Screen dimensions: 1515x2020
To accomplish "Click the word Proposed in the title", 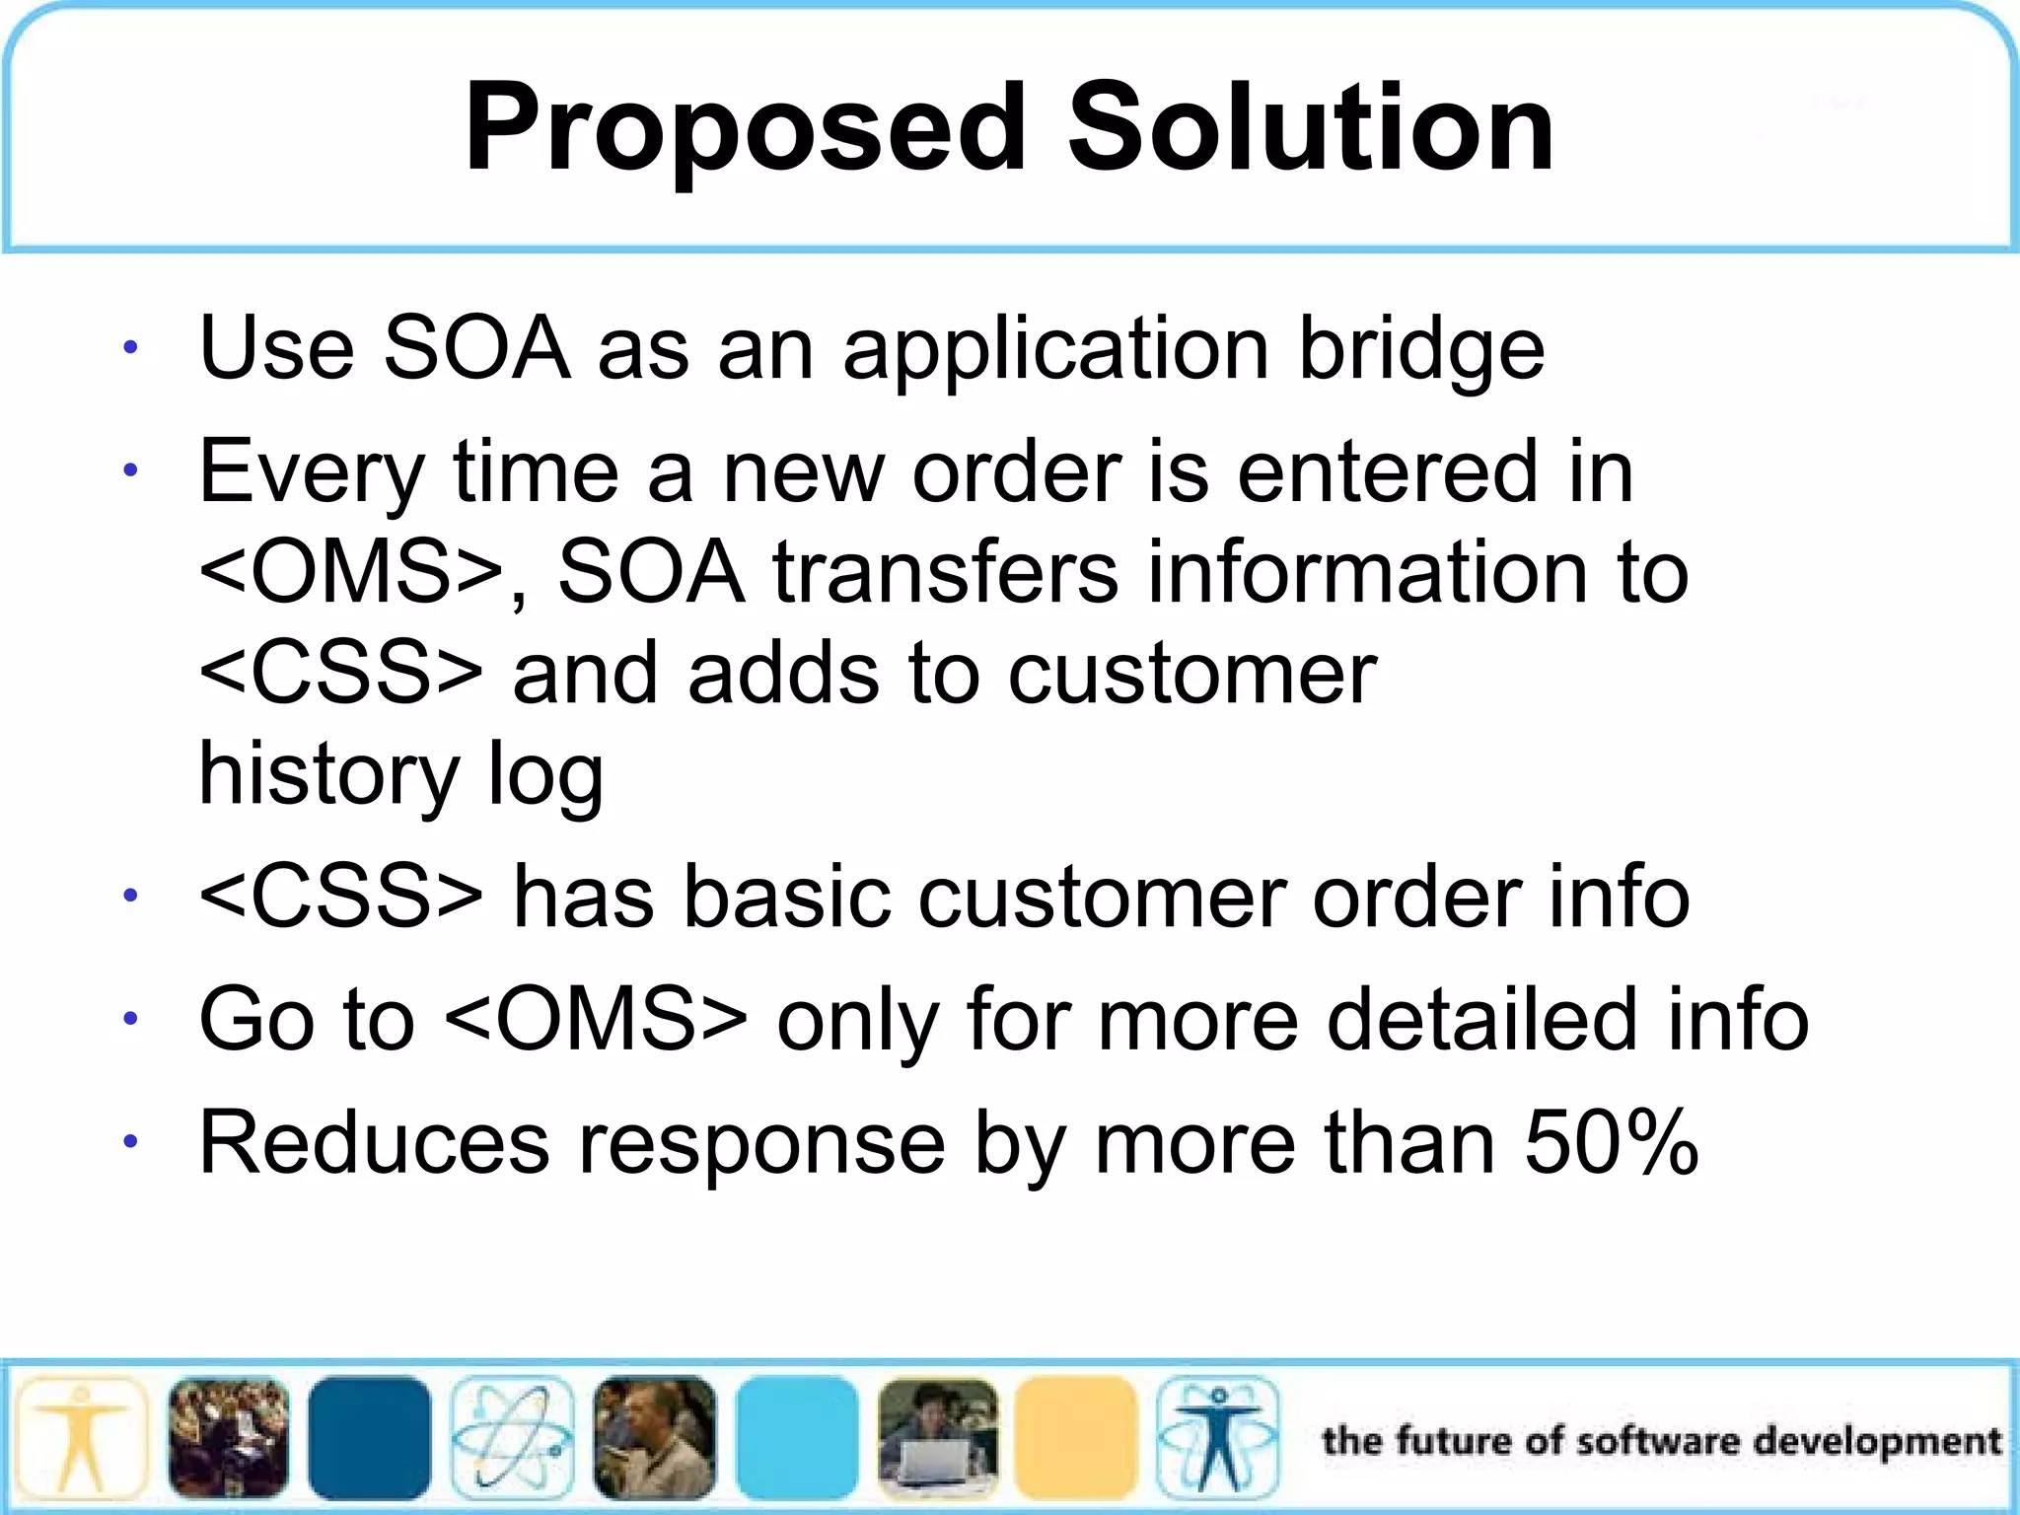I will [746, 128].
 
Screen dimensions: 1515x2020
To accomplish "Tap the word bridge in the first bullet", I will [1420, 350].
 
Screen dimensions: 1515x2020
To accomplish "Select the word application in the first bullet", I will [1055, 350].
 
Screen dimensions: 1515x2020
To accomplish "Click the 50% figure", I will [1611, 1143].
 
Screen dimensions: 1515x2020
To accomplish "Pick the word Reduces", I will [374, 1143].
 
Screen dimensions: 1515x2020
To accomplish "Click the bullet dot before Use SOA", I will [130, 348].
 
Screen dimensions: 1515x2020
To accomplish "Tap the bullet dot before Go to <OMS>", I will [130, 1019].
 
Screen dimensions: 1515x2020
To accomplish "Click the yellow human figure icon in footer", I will [81, 1438].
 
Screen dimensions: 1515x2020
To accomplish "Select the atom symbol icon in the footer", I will [512, 1438].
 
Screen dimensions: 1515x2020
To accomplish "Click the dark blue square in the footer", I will [369, 1438].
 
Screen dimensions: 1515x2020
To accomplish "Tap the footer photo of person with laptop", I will [938, 1438].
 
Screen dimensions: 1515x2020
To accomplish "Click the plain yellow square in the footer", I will [1075, 1438].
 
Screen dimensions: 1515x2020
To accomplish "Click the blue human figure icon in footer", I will [1218, 1438].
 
